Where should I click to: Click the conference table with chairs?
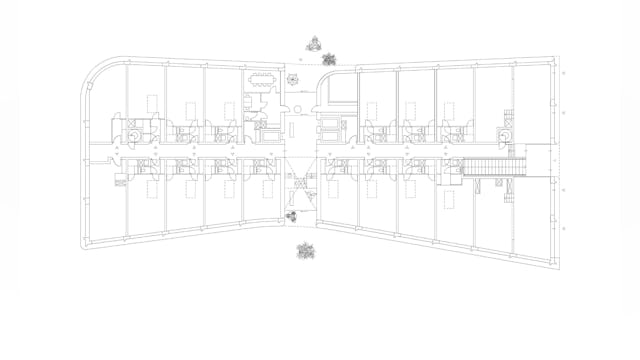(x=262, y=80)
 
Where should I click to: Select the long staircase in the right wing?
(x=489, y=168)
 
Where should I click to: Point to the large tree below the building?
(x=306, y=250)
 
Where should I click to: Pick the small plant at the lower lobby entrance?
(x=292, y=215)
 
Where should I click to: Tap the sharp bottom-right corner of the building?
(x=557, y=267)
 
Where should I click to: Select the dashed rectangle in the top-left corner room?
(x=150, y=100)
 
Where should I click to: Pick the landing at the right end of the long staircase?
(x=519, y=168)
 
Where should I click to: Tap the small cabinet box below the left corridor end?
(x=122, y=181)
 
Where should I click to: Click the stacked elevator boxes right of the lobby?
(x=329, y=126)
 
